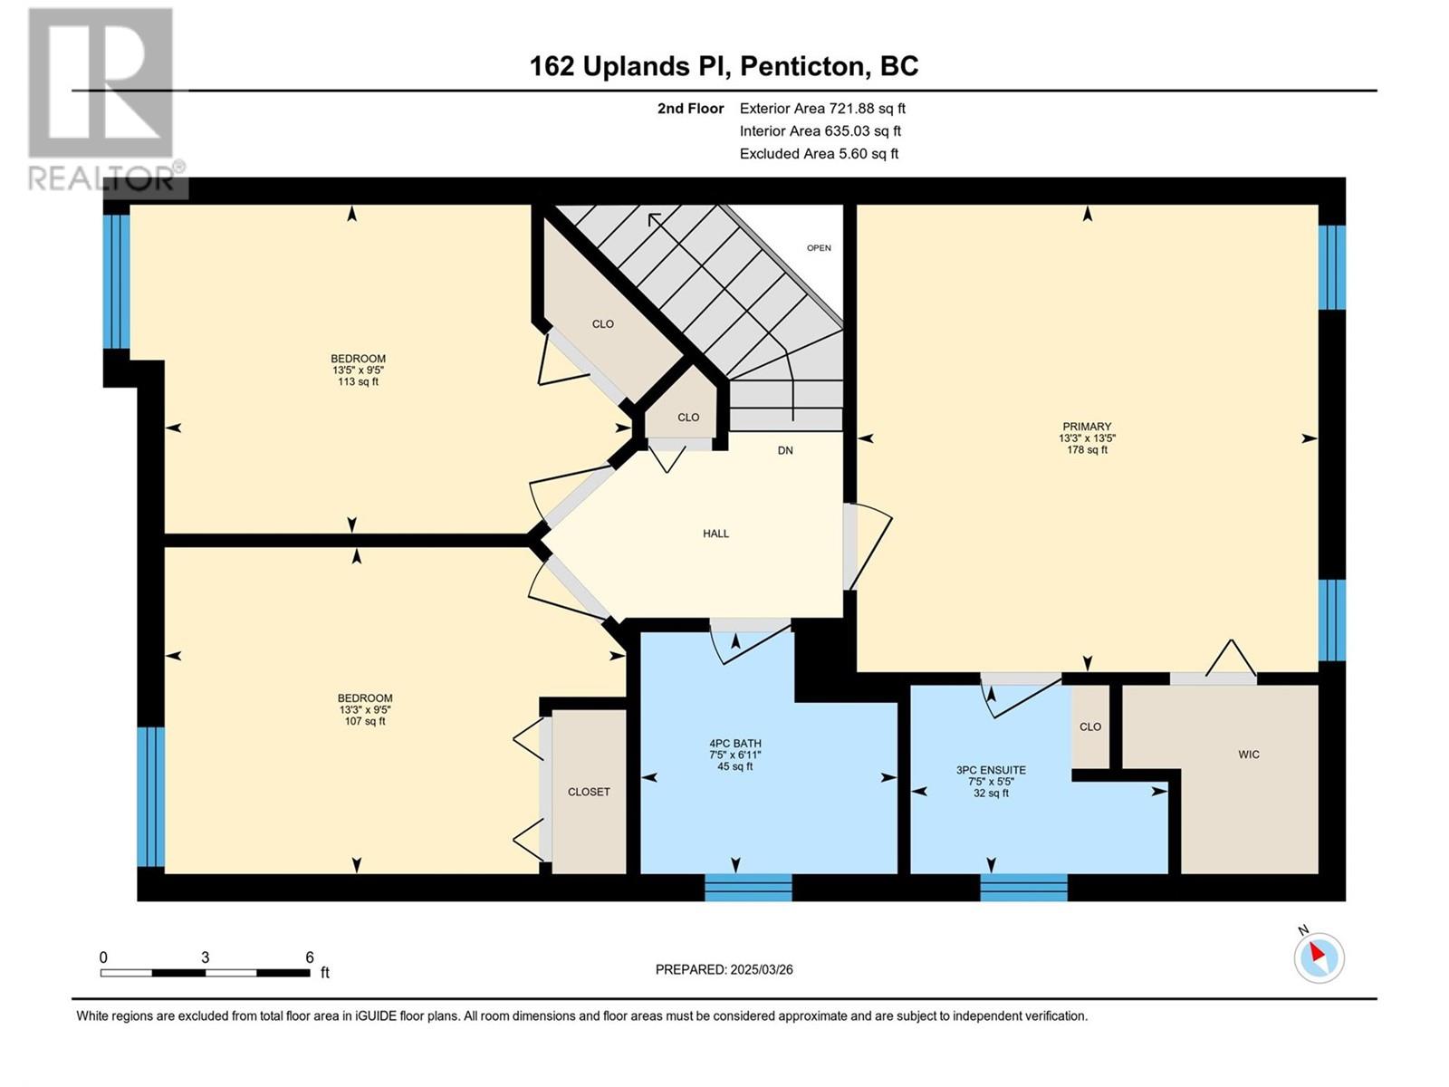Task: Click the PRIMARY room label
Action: [1087, 427]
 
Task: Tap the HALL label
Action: [715, 534]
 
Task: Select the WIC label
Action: [1248, 755]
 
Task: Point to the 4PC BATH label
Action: [735, 743]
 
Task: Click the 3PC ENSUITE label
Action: [991, 770]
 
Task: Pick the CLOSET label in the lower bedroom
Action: [589, 792]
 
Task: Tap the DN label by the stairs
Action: [785, 450]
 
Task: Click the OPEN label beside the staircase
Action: [819, 247]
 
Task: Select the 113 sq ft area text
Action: [358, 381]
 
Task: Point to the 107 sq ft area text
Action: [364, 721]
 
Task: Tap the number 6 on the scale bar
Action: [310, 957]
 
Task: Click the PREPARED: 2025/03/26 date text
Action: [724, 969]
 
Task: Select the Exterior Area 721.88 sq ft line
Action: [822, 108]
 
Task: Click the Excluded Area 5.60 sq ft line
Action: [820, 153]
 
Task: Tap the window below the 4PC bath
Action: [748, 888]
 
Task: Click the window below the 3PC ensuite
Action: [1023, 888]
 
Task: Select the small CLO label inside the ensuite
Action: [1089, 726]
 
